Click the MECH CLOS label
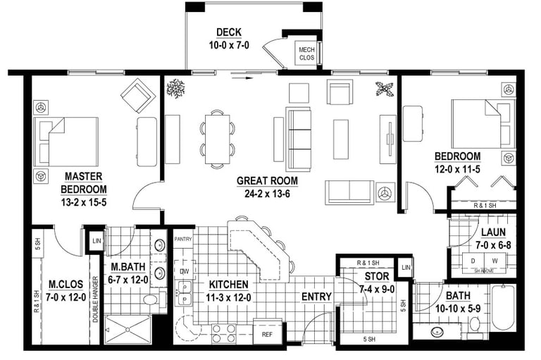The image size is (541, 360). pos(306,54)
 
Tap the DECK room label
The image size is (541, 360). pos(229,32)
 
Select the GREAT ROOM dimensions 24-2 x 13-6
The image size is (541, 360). pos(267,194)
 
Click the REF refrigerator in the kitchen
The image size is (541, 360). pos(267,334)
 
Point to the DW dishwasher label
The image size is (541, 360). pos(185,271)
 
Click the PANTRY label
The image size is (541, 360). pos(183,239)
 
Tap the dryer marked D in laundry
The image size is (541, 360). pos(473,261)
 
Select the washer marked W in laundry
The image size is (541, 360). pos(495,261)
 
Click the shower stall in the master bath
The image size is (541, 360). pos(128,330)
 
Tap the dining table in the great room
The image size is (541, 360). pos(218,139)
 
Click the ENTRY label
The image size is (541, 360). pos(316,297)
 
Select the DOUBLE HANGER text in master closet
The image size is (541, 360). pos(95,299)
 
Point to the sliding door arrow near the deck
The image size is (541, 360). pos(242,78)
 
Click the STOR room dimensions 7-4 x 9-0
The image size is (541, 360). pos(377,290)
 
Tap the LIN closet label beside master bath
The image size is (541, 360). pos(97,240)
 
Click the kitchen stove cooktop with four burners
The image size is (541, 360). pos(223,333)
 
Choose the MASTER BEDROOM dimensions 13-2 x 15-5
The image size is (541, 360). pos(84,202)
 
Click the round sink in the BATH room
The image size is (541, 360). pos(438,333)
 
